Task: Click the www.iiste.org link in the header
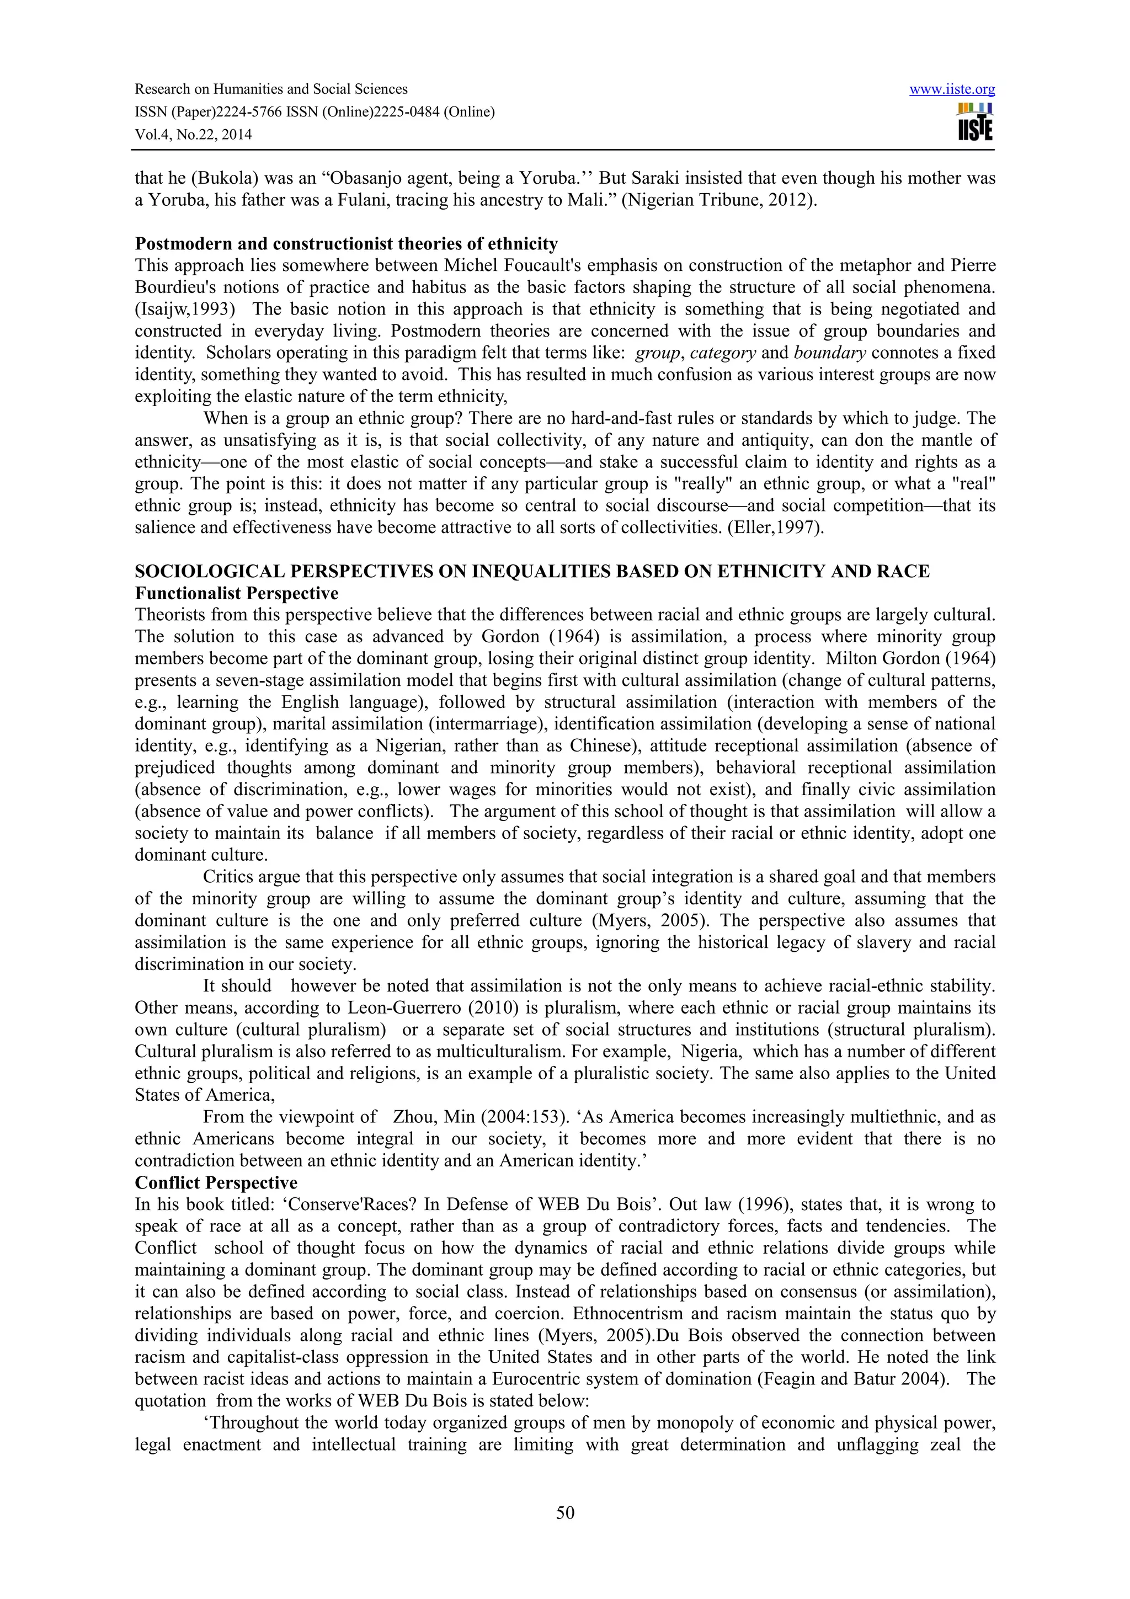tap(952, 89)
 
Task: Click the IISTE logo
tap(975, 122)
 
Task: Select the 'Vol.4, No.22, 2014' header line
tap(193, 135)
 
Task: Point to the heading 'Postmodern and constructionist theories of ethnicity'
tap(346, 244)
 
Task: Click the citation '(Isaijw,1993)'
tap(182, 309)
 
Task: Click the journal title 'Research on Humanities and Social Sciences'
tap(271, 89)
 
